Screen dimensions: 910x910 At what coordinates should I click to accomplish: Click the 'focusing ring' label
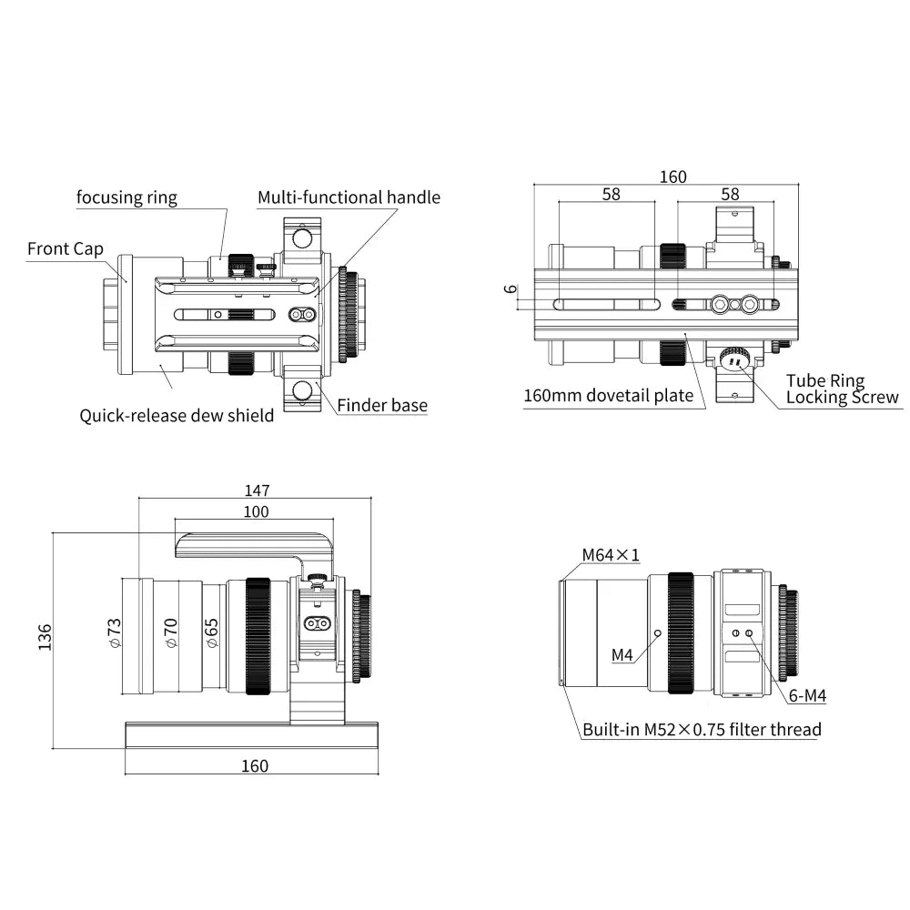(126, 197)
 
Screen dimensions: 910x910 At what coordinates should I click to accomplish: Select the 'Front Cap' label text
(66, 248)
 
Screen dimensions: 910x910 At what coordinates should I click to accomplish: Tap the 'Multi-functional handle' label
(349, 197)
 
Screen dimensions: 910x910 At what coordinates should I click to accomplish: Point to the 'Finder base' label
(382, 406)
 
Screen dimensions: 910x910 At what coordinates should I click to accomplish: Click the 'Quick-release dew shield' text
(177, 416)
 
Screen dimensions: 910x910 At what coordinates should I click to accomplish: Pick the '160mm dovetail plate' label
(608, 396)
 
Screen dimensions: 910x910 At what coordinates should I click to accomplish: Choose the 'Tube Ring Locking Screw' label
(842, 389)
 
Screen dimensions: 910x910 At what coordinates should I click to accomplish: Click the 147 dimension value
(257, 490)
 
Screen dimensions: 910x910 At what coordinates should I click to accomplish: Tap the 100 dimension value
(257, 511)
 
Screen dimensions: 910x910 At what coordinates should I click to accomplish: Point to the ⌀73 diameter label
(115, 632)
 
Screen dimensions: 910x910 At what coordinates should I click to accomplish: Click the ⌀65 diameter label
(211, 632)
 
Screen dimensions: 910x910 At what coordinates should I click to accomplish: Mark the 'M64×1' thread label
(611, 554)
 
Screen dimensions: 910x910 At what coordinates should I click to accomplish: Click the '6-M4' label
(807, 696)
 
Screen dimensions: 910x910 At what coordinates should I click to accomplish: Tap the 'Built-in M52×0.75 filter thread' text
(702, 729)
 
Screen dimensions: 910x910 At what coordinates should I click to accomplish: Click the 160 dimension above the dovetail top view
(673, 177)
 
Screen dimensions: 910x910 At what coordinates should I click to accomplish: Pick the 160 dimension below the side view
(255, 765)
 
